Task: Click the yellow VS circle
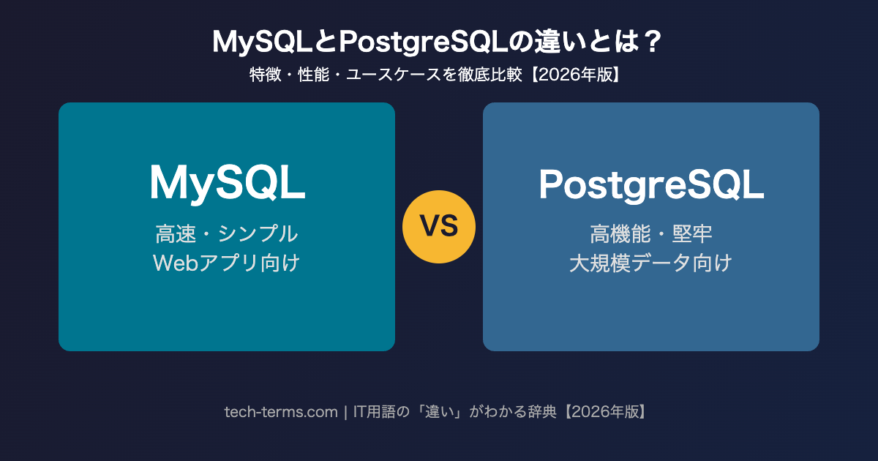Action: (x=438, y=227)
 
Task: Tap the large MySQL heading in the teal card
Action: (x=228, y=183)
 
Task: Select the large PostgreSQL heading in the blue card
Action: (x=651, y=184)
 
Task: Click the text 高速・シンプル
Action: (x=227, y=233)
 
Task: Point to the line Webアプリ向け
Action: (x=227, y=263)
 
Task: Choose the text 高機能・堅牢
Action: (x=651, y=233)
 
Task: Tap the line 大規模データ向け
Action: (x=650, y=263)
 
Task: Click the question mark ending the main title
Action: (x=653, y=42)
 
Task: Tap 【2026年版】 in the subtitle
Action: (x=576, y=75)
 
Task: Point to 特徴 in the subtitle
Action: (x=266, y=75)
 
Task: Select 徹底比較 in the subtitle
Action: (x=490, y=75)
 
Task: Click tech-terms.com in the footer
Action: (x=281, y=412)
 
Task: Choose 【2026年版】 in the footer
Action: (x=606, y=412)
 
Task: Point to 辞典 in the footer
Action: (x=541, y=412)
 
